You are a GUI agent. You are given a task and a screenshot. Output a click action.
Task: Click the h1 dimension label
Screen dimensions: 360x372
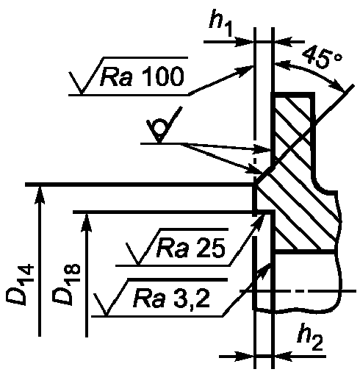click(x=220, y=23)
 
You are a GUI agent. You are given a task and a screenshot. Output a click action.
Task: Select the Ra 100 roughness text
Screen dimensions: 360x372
click(x=142, y=76)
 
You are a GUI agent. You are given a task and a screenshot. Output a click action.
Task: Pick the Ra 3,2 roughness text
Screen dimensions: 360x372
click(x=171, y=298)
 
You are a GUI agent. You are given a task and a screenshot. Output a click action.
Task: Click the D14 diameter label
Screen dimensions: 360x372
click(x=20, y=285)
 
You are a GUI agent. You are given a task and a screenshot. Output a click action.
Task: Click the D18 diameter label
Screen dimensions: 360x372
click(x=66, y=285)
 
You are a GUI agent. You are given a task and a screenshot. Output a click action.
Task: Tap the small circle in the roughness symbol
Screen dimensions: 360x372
click(x=159, y=126)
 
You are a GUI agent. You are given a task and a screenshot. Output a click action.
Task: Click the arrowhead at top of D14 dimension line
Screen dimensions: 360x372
click(x=40, y=195)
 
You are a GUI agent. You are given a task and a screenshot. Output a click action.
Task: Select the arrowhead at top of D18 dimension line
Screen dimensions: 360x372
click(x=87, y=223)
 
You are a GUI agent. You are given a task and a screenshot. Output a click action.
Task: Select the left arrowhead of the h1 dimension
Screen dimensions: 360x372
click(x=244, y=42)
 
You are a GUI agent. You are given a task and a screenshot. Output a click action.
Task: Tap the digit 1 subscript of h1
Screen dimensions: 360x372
click(x=227, y=29)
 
